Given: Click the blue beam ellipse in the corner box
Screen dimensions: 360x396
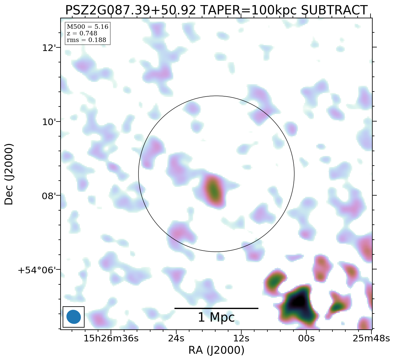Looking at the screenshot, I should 73,317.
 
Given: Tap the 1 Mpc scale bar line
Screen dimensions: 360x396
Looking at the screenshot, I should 216,308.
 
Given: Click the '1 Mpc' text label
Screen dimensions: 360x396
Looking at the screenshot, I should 216,317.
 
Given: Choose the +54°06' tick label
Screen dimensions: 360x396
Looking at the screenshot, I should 39,270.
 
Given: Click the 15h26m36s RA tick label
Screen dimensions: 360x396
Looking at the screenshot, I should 111,338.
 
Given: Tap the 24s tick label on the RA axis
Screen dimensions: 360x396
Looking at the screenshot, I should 176,338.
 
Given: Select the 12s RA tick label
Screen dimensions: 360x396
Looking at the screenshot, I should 241,338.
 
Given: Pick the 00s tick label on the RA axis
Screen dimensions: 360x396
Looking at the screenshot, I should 306,338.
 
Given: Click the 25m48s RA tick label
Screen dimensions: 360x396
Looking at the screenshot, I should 371,338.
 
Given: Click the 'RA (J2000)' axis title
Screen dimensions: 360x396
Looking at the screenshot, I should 216,350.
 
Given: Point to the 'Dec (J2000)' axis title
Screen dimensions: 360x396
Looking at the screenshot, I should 9,174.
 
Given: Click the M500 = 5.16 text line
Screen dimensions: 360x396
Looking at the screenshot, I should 87,27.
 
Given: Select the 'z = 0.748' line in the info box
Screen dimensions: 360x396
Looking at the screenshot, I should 82,34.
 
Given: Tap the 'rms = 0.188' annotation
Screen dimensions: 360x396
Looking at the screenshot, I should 86,40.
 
